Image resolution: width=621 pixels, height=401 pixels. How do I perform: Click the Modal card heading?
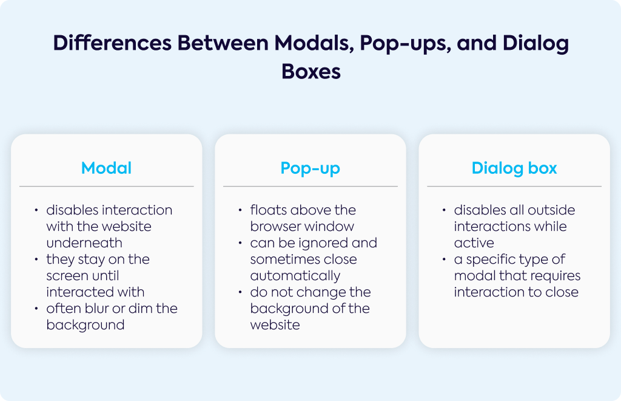click(x=106, y=168)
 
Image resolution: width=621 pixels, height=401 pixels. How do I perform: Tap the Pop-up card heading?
click(x=310, y=168)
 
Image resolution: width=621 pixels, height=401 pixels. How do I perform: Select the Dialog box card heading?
click(x=514, y=168)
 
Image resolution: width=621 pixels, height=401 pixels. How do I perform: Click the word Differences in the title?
click(x=112, y=43)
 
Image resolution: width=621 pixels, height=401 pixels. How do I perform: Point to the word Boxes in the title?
click(x=311, y=72)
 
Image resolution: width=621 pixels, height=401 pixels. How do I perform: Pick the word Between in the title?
click(x=223, y=43)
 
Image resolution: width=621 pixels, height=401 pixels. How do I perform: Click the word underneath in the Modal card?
click(x=84, y=243)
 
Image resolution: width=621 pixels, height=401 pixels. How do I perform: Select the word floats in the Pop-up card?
click(x=269, y=210)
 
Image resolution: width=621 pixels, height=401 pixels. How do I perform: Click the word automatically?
click(x=295, y=276)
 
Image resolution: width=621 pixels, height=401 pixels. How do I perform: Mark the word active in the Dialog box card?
click(x=474, y=243)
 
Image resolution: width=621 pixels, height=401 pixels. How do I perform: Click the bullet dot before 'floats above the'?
click(x=240, y=210)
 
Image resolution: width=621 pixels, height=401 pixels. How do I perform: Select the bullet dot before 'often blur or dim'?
click(x=36, y=309)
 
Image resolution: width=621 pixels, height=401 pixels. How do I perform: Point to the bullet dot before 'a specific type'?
click(x=444, y=259)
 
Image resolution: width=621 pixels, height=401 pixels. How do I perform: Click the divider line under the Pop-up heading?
click(x=310, y=186)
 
